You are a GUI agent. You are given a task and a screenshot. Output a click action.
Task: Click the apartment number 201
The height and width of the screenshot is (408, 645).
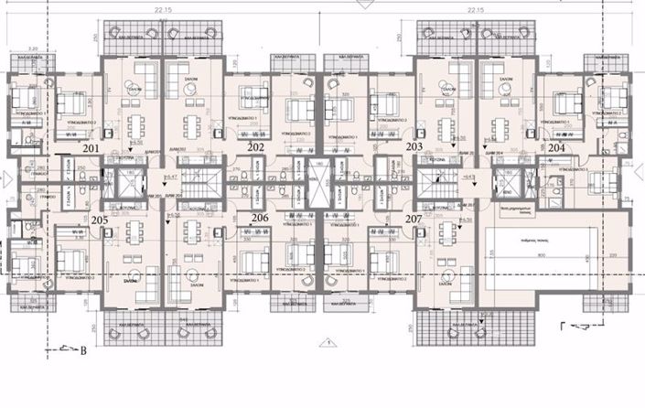pyautogui.click(x=91, y=147)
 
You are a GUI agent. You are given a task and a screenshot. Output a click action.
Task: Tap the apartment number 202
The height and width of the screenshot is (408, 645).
pyautogui.click(x=256, y=147)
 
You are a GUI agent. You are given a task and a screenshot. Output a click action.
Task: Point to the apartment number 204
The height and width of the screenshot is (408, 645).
pyautogui.click(x=556, y=147)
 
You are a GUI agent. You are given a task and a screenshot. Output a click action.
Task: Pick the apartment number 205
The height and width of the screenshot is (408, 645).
pyautogui.click(x=101, y=219)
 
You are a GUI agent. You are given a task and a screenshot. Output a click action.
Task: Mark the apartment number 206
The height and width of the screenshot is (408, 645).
pyautogui.click(x=260, y=219)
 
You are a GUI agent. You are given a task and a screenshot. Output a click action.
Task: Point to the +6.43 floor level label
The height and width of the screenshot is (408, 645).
pyautogui.click(x=470, y=175)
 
